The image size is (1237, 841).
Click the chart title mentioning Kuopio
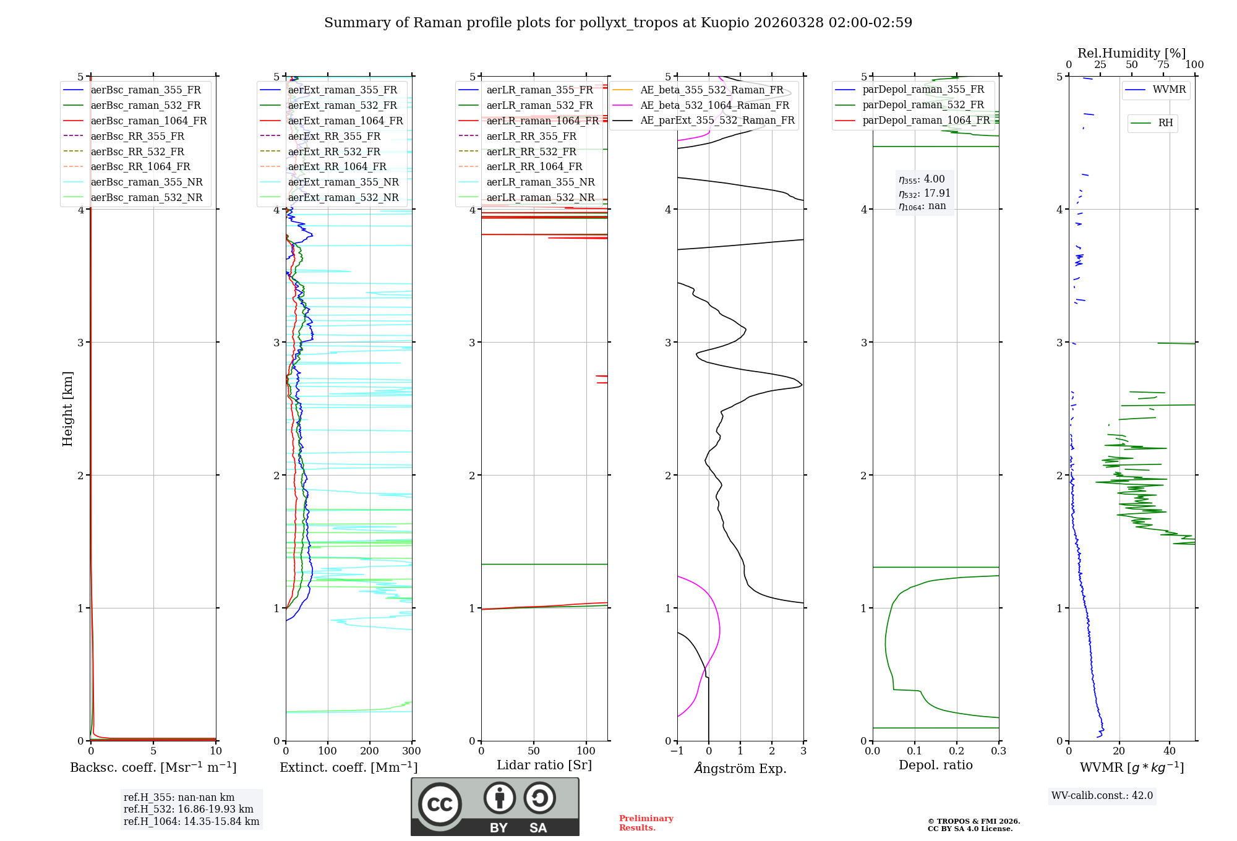618,23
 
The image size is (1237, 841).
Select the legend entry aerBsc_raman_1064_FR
148,121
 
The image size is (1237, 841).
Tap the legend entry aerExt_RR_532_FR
334,152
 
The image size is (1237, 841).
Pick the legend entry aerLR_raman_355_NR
540,182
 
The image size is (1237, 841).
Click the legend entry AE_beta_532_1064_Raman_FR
714,105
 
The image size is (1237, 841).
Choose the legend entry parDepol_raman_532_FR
923,105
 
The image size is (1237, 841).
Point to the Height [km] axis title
67,409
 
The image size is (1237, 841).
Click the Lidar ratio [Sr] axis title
544,765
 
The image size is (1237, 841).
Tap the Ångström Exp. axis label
740,768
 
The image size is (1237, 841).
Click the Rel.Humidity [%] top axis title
1131,53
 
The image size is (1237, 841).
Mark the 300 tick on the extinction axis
412,751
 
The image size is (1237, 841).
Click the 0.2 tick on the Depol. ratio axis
957,751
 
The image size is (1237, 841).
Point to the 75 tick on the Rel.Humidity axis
1163,64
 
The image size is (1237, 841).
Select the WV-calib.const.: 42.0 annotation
1102,795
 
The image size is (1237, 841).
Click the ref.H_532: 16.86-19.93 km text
189,809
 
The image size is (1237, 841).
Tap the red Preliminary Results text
646,822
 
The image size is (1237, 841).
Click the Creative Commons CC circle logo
440,805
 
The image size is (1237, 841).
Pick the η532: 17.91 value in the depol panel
925,193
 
